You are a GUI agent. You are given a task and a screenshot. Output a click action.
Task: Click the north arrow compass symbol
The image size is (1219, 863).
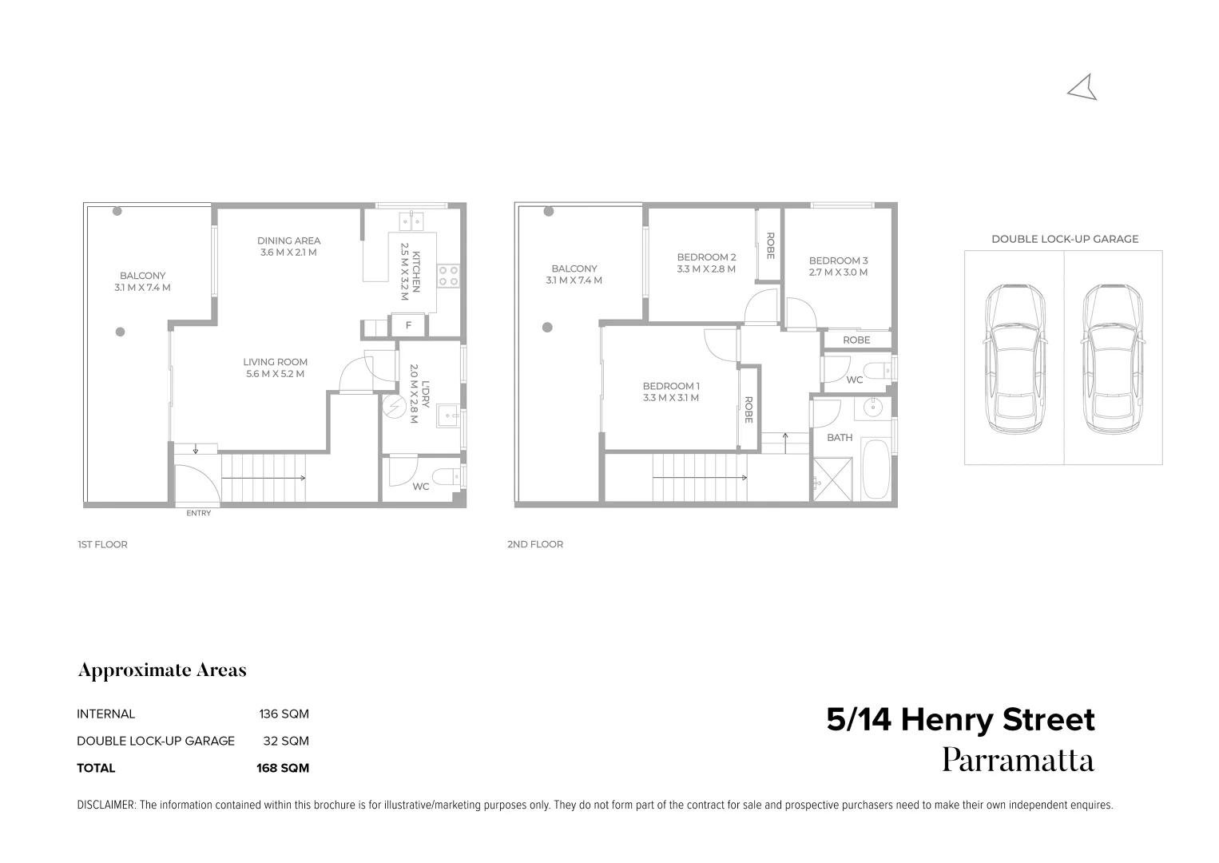tap(1084, 89)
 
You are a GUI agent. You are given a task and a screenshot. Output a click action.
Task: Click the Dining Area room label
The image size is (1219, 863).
tap(288, 246)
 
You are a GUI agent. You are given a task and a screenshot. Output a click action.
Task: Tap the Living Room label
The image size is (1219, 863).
tap(275, 368)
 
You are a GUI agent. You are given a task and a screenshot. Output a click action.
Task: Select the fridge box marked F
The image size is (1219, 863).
tap(409, 325)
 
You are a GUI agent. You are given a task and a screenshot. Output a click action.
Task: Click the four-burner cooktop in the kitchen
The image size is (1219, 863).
tap(448, 276)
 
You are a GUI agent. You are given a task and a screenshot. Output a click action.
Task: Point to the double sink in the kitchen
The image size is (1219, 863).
tap(411, 220)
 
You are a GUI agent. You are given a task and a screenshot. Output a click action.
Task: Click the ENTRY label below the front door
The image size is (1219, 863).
tap(198, 513)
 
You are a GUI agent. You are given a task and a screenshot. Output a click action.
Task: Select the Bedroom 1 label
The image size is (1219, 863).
tap(671, 392)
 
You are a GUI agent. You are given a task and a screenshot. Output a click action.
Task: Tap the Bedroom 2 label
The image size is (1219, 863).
tap(706, 263)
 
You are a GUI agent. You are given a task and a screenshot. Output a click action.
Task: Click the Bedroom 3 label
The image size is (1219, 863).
tap(838, 266)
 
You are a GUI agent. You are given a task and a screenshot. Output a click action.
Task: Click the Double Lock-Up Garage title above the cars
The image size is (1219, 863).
tap(1065, 239)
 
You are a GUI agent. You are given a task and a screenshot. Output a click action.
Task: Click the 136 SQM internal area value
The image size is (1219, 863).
tap(284, 714)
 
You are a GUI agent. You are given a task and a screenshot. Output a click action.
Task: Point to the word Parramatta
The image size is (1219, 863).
tap(1018, 760)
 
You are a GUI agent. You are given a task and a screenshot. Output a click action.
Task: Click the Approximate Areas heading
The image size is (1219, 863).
tap(162, 670)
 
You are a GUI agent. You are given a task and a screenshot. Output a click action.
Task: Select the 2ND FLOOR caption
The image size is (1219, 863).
tap(535, 544)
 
